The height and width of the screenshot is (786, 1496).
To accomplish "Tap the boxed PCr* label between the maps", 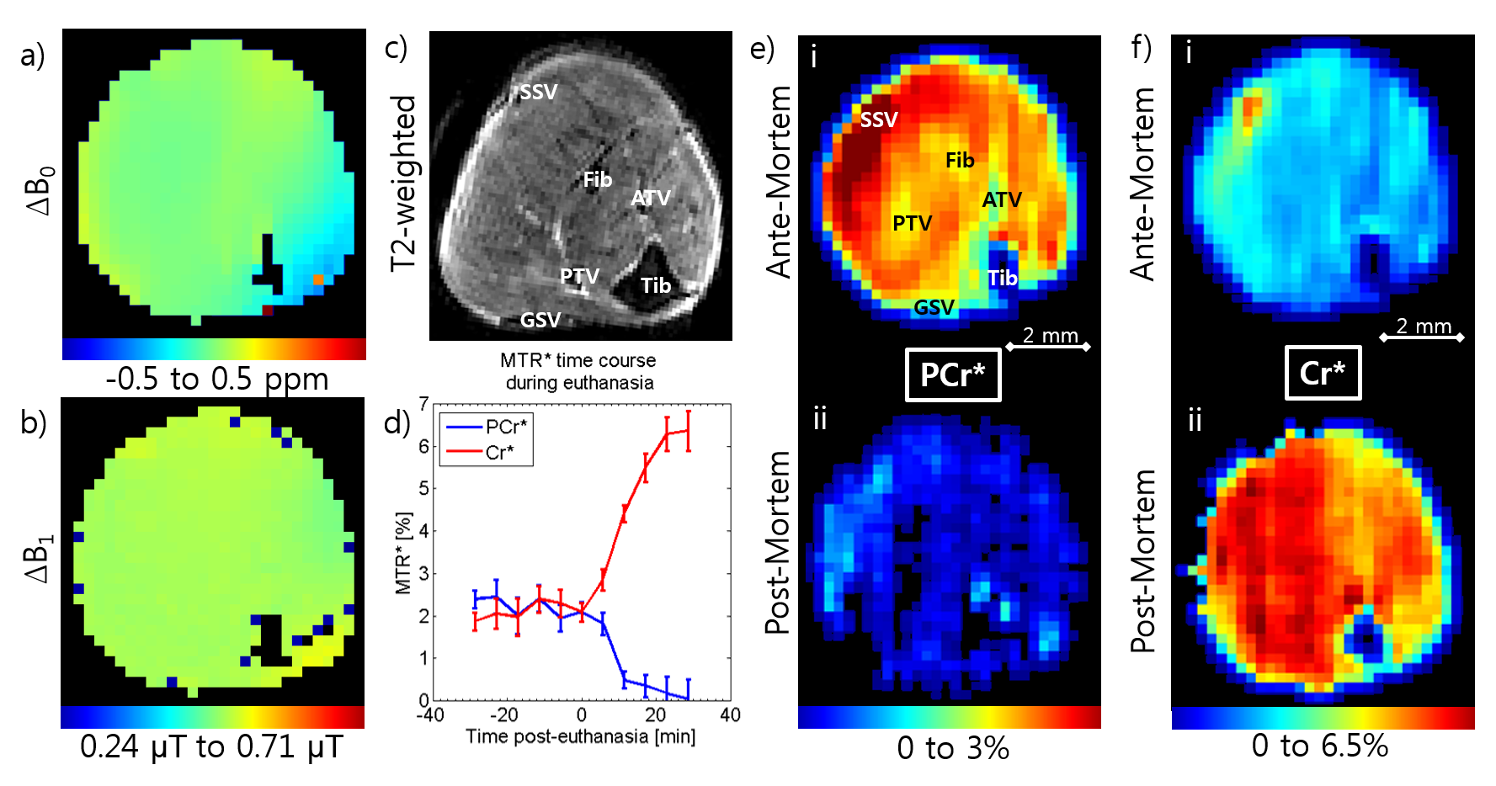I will pos(952,374).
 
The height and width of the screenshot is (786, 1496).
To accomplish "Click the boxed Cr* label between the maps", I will pos(1322,373).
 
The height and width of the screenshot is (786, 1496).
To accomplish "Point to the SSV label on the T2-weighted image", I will pos(538,92).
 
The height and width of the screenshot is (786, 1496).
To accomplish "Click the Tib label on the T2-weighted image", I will pos(656,286).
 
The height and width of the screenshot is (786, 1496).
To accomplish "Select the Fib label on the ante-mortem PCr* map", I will pos(960,160).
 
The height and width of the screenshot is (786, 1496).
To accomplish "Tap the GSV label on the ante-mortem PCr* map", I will pos(934,308).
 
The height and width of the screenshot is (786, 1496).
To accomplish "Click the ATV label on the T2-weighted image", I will pos(651,198).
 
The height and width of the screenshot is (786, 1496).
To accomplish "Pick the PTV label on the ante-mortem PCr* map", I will pos(913,223).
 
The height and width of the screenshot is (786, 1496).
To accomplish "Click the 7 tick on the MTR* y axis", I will pos(423,403).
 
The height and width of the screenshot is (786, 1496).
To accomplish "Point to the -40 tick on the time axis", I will pos(430,715).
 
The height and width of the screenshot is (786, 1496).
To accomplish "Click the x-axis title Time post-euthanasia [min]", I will pos(580,737).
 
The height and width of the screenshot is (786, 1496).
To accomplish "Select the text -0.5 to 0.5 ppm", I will pos(216,379).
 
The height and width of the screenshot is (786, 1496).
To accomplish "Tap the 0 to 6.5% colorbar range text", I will pos(1319,746).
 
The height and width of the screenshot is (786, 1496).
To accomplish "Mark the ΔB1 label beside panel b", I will pos(39,559).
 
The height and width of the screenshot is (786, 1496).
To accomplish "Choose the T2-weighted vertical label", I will pos(404,183).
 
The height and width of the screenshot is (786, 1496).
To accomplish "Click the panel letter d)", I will pos(397,422).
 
